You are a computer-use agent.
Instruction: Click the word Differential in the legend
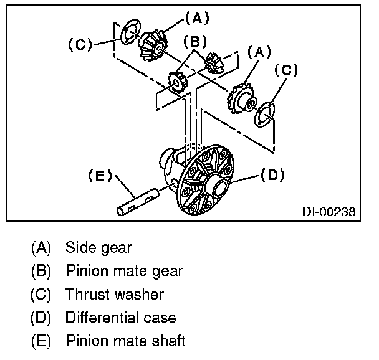[100, 318]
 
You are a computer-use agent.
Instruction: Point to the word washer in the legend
[143, 295]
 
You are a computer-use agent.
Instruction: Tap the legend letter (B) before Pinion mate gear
[41, 271]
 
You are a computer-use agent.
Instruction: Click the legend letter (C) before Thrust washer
[41, 295]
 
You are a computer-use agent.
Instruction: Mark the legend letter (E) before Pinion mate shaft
[41, 341]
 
